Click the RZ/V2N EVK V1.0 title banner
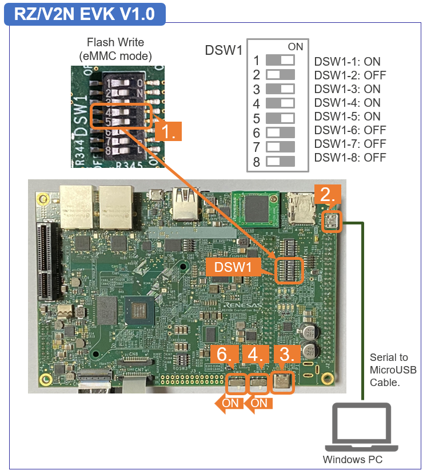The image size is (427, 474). [x=85, y=14]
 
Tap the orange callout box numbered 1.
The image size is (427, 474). [x=168, y=131]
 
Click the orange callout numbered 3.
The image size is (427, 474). [x=284, y=354]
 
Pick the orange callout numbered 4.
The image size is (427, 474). [x=256, y=354]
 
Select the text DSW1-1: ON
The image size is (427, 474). [x=347, y=62]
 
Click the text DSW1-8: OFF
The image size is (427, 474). [x=350, y=158]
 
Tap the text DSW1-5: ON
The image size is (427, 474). [x=347, y=117]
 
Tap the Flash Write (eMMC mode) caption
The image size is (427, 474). [x=115, y=49]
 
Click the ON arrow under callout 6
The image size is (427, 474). [x=228, y=403]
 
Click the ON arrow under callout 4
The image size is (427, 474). [x=258, y=403]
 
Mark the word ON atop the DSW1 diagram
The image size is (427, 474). [x=296, y=47]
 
